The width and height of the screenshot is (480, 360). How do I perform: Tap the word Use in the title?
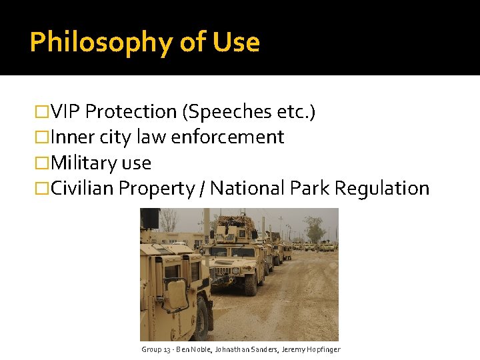(236, 42)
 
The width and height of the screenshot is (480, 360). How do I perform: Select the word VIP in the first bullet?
(66, 111)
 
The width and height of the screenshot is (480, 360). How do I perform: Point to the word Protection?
(131, 111)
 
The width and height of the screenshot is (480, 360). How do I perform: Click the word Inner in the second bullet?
(73, 137)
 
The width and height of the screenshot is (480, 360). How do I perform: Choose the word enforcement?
(227, 137)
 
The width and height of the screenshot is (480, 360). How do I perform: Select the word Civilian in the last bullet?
(83, 189)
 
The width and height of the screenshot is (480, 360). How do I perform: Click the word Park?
(310, 189)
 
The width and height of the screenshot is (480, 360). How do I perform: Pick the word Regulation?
(382, 189)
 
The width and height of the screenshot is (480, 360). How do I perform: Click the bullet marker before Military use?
(44, 163)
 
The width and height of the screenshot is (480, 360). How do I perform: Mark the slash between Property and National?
(202, 189)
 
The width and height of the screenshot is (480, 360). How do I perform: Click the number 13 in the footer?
(166, 349)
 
